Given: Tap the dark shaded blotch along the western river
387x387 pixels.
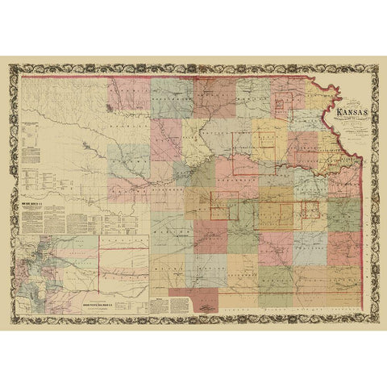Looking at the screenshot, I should [85, 144].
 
